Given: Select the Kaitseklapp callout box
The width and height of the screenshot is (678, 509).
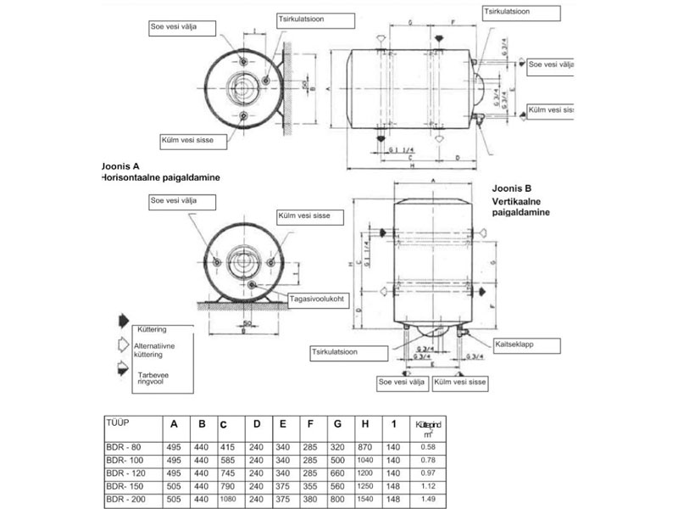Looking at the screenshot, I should pyautogui.click(x=516, y=345).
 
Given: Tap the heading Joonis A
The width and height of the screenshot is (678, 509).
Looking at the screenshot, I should pyautogui.click(x=125, y=167).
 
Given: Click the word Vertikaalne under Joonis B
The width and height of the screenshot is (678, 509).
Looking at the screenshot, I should pyautogui.click(x=519, y=204).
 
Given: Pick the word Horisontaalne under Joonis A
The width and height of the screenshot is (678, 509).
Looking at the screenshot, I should pyautogui.click(x=135, y=178).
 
